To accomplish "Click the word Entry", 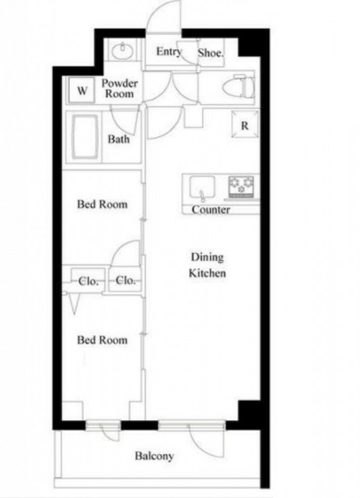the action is pyautogui.click(x=169, y=51).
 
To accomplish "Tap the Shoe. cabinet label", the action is pyautogui.click(x=211, y=53).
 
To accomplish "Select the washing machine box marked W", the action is pyautogui.click(x=82, y=90).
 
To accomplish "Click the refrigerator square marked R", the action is pyautogui.click(x=244, y=124).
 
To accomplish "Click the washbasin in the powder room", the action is pyautogui.click(x=123, y=51).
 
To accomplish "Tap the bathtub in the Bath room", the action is pyautogui.click(x=85, y=137).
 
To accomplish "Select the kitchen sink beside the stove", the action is pyautogui.click(x=202, y=188).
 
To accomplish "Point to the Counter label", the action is pyautogui.click(x=211, y=209).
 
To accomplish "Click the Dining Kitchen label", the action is pyautogui.click(x=208, y=265).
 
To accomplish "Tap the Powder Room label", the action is pyautogui.click(x=120, y=88).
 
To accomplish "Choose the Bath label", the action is pyautogui.click(x=119, y=139).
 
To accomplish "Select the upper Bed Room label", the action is pyautogui.click(x=102, y=204).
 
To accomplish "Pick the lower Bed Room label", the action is pyautogui.click(x=102, y=340).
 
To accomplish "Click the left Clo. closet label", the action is pyautogui.click(x=88, y=281).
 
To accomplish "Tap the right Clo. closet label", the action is pyautogui.click(x=125, y=280).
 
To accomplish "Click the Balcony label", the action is pyautogui.click(x=154, y=456).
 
